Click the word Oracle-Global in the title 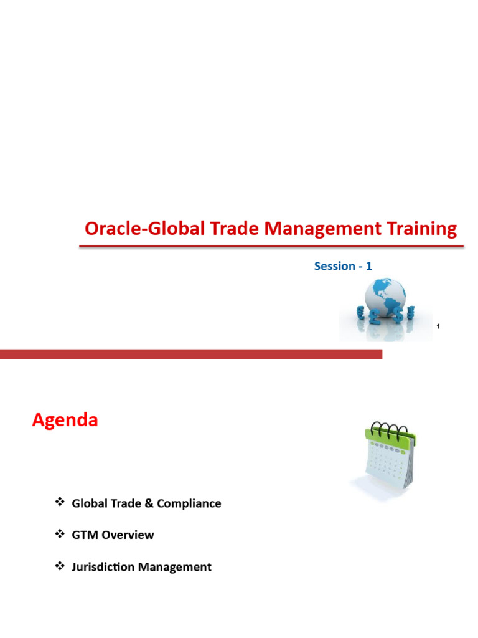pyautogui.click(x=129, y=229)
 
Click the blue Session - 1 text pyautogui.click(x=343, y=266)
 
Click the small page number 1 pyautogui.click(x=439, y=327)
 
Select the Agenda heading pyautogui.click(x=65, y=421)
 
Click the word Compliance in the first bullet pyautogui.click(x=189, y=503)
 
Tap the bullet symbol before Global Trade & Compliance pyautogui.click(x=60, y=502)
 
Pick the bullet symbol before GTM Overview pyautogui.click(x=60, y=534)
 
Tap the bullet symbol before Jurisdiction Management pyautogui.click(x=60, y=566)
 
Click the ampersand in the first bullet pyautogui.click(x=149, y=503)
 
